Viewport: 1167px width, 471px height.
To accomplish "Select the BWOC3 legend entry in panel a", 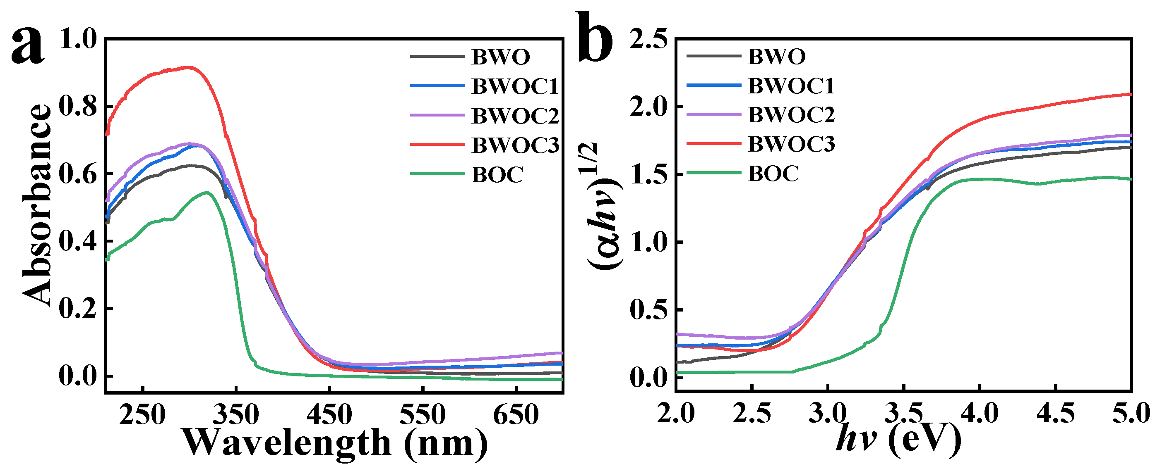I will click(x=515, y=145).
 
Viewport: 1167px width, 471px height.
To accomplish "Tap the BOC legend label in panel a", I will click(x=497, y=175).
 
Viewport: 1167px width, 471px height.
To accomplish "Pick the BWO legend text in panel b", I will click(x=777, y=57).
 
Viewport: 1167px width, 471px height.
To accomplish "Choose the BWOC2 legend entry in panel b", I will click(x=791, y=115).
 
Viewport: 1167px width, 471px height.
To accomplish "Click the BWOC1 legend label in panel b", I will click(x=791, y=86).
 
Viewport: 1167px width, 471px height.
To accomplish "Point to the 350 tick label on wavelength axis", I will click(x=236, y=414).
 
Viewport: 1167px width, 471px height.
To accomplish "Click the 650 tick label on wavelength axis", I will click(x=516, y=414).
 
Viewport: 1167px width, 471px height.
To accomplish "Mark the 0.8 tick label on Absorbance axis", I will click(x=78, y=107).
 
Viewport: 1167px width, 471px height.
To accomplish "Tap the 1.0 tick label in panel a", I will click(x=78, y=39).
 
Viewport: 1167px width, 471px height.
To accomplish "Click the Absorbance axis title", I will click(x=37, y=206).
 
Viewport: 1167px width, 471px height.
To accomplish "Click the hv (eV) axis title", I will click(x=899, y=439).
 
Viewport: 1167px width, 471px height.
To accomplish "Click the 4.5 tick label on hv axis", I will click(x=1056, y=414).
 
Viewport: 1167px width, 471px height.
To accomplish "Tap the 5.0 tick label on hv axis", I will click(x=1131, y=414).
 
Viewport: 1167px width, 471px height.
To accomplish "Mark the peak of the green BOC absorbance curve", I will click(x=207, y=193).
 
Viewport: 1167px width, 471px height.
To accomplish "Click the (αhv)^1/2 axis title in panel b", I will click(x=605, y=206).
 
